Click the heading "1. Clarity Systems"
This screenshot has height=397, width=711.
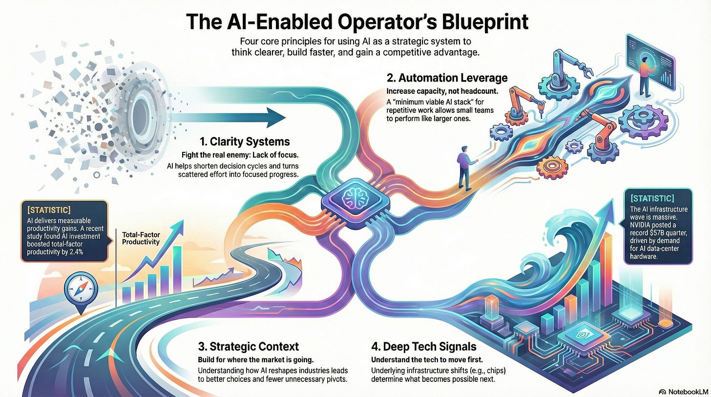point(245,142)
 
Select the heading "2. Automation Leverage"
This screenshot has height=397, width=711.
point(447,78)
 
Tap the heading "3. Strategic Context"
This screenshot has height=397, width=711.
point(248,347)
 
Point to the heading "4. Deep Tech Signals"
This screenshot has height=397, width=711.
point(423,347)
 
